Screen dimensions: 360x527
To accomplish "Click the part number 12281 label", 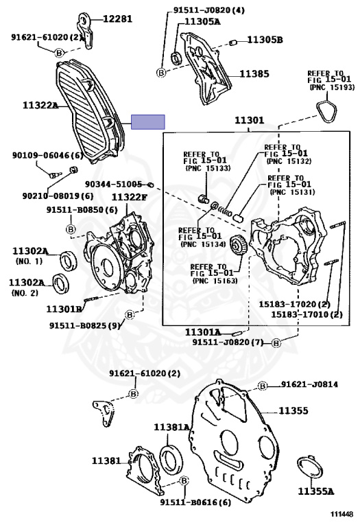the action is click(x=117, y=19).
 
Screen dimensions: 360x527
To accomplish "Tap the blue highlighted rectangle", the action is click(x=147, y=122).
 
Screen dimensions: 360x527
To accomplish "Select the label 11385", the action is click(x=254, y=73).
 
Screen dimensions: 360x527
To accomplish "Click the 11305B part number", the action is click(x=265, y=40).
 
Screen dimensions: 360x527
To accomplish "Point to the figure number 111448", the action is click(x=341, y=514).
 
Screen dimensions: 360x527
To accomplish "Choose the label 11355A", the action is click(x=316, y=491).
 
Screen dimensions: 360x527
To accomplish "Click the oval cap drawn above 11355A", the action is click(x=310, y=467).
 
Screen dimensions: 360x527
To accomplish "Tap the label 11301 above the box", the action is click(x=249, y=120).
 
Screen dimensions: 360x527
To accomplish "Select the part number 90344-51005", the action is click(x=113, y=184).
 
